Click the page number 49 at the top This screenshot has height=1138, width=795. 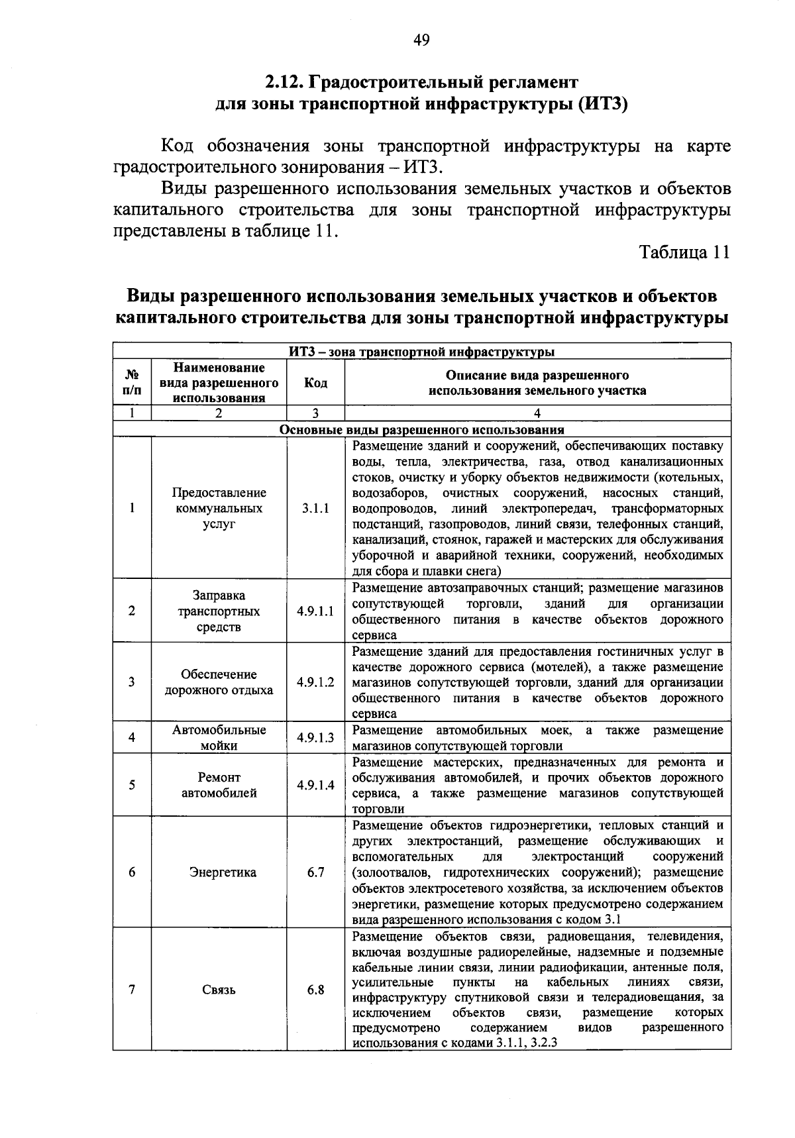(x=421, y=41)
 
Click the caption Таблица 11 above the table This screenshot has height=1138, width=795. (x=684, y=252)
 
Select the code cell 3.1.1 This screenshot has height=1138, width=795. (x=315, y=509)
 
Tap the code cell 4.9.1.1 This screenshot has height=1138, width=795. (x=315, y=611)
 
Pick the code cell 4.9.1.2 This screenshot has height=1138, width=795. (x=315, y=682)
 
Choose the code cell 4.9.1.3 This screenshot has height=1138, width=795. (x=315, y=737)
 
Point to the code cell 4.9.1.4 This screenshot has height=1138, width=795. (x=315, y=785)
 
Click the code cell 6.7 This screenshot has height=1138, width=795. (x=315, y=872)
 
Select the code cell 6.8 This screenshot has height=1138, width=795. (x=315, y=990)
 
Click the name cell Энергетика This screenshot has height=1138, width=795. (x=219, y=872)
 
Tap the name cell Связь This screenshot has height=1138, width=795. (x=219, y=990)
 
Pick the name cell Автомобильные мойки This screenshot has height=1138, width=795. (x=219, y=737)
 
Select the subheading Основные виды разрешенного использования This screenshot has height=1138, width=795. (x=421, y=429)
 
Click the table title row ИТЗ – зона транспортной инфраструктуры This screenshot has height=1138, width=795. (x=421, y=350)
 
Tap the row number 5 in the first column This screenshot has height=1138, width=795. (x=132, y=785)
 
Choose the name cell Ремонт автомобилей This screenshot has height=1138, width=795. (x=219, y=785)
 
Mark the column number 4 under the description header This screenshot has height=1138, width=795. (x=537, y=413)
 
